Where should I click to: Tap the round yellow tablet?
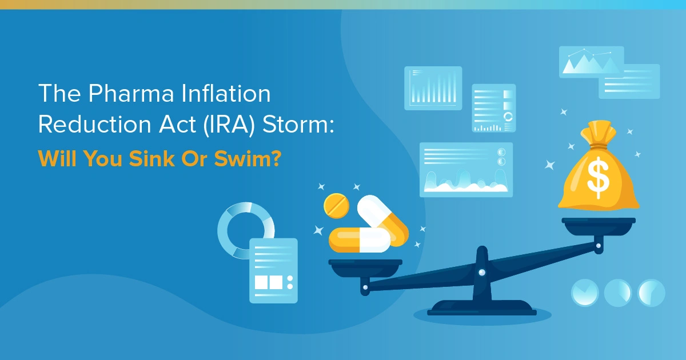336,205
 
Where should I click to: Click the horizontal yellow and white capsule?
359,240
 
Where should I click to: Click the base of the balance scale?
482,309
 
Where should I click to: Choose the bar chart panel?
433,88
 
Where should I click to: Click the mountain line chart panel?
591,62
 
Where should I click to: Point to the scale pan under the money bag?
598,224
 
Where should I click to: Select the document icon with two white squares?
273,270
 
